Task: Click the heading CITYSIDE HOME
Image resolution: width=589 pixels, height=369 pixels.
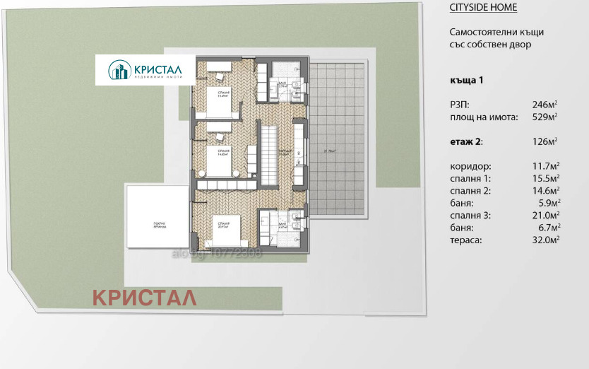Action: click(x=483, y=8)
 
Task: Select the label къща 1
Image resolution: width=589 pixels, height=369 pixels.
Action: click(x=466, y=80)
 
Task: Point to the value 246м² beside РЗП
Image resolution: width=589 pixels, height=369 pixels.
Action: click(x=546, y=104)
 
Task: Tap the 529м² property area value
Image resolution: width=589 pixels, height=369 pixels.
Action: click(x=546, y=117)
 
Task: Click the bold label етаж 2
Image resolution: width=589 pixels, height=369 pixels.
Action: click(x=466, y=141)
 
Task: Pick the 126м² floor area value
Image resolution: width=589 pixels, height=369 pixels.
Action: click(x=546, y=141)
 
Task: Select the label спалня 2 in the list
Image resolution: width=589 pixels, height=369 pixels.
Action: click(x=470, y=191)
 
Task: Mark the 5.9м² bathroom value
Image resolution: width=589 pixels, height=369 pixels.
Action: click(x=549, y=203)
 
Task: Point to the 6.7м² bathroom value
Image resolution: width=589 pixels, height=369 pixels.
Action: click(x=549, y=228)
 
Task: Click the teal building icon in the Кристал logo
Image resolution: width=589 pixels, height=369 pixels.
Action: click(x=119, y=70)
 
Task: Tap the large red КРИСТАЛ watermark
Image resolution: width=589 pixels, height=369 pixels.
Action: click(x=145, y=298)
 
